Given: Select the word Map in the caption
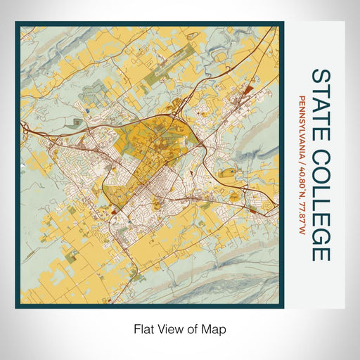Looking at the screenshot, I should [214, 328].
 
